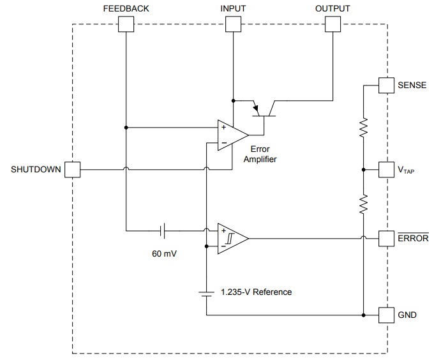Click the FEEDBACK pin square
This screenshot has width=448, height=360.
tap(126, 24)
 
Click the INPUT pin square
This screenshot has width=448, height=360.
tap(233, 24)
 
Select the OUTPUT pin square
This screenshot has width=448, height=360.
tap(332, 24)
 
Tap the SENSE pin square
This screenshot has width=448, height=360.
tap(386, 86)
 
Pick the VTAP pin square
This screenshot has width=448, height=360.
tap(386, 170)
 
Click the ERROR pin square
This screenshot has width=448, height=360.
tap(386, 238)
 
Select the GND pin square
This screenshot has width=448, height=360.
tap(386, 315)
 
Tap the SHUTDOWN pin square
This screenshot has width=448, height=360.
tap(73, 170)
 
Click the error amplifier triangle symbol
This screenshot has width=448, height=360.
tap(231, 135)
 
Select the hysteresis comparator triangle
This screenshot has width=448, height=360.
tap(231, 238)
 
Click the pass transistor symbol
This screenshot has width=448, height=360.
tap(264, 109)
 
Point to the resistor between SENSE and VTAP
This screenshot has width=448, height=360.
tap(362, 128)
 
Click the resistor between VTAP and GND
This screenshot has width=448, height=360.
tap(362, 204)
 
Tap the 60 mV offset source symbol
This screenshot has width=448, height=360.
tap(163, 230)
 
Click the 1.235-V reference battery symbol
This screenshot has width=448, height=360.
tap(206, 293)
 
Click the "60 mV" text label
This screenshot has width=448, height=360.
tap(164, 253)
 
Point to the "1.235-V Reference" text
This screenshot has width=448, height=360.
tap(256, 292)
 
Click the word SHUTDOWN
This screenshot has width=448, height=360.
tap(36, 170)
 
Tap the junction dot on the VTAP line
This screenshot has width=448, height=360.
tap(362, 170)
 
